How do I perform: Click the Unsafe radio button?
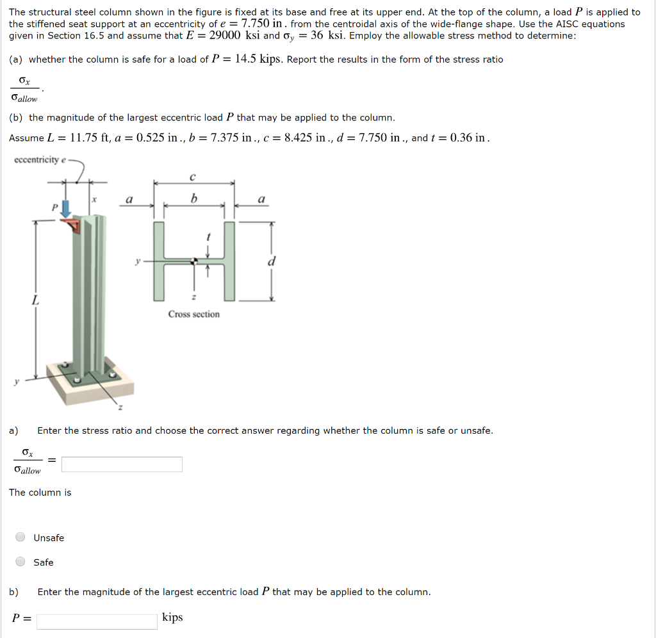[x=20, y=537]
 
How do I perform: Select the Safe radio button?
[x=20, y=562]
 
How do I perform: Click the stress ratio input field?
[x=122, y=464]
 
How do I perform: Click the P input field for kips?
[x=97, y=621]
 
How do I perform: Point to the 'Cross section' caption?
[x=193, y=314]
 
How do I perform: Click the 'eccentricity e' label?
[x=39, y=159]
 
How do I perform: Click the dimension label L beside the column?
[x=35, y=300]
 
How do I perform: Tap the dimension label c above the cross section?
[x=193, y=176]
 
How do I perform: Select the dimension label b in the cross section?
[x=193, y=199]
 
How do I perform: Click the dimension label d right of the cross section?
[x=272, y=261]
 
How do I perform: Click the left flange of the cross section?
[x=159, y=261]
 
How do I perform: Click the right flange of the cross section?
[x=229, y=261]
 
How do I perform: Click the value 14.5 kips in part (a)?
[x=258, y=60]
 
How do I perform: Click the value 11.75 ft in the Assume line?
[x=90, y=138]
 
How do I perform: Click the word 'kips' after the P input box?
[x=172, y=618]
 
